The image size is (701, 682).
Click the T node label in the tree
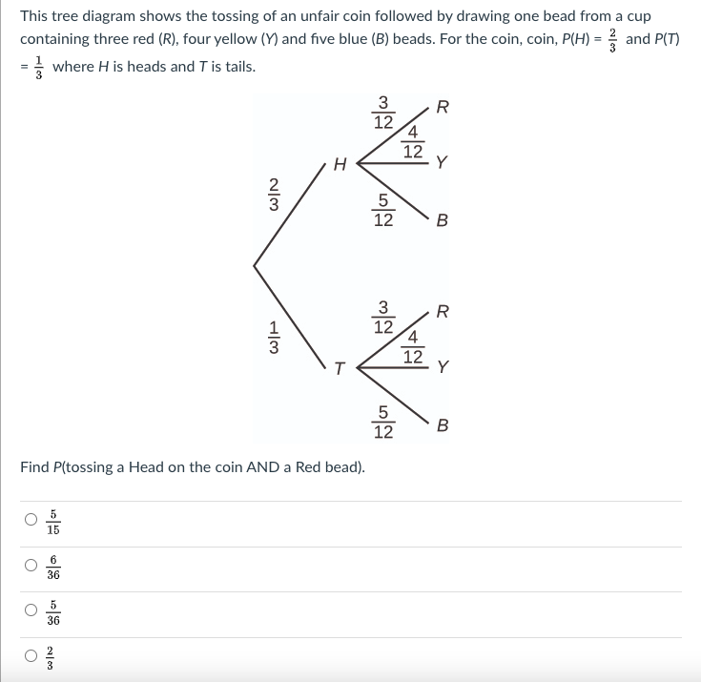(x=338, y=370)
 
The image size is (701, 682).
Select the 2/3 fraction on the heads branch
(x=274, y=194)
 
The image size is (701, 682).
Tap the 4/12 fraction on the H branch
(x=412, y=142)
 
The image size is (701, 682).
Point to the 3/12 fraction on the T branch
(x=382, y=318)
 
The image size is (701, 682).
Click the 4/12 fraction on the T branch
(x=412, y=346)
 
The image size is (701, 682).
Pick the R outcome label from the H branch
(x=441, y=106)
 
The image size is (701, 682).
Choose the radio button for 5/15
(x=31, y=520)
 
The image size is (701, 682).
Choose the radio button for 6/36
(x=31, y=566)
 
